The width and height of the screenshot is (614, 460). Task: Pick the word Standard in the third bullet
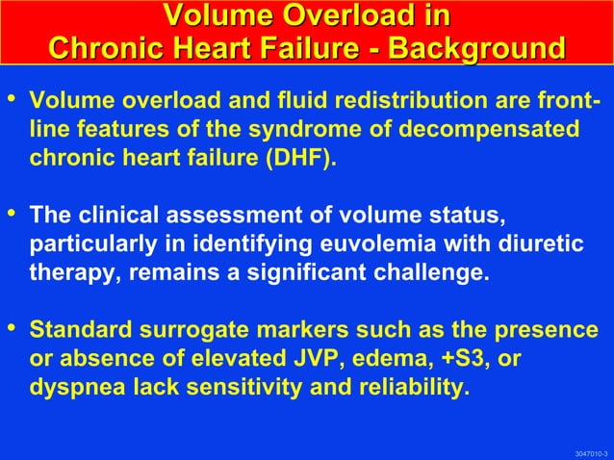[73, 330]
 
